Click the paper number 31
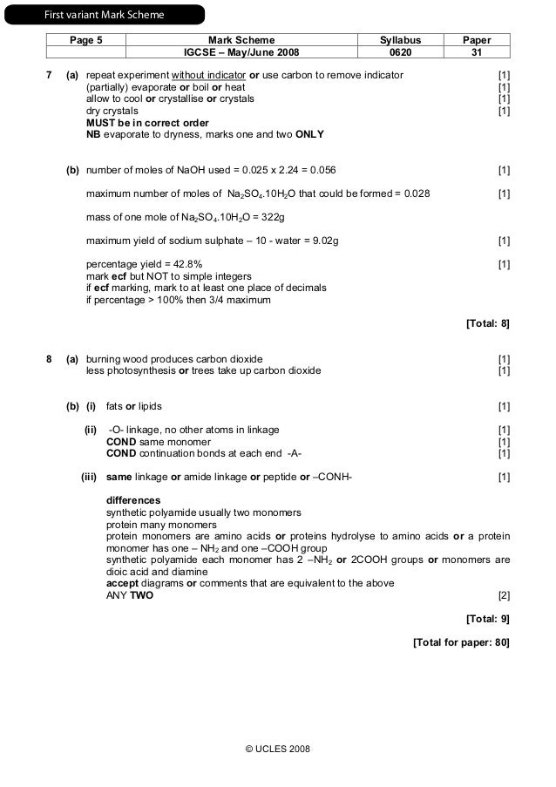(477, 51)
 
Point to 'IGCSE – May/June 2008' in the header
(241, 51)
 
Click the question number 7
(49, 75)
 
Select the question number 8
(49, 358)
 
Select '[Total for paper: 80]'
(461, 642)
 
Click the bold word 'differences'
(133, 500)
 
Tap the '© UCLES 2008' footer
(278, 749)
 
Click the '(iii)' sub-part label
(88, 477)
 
